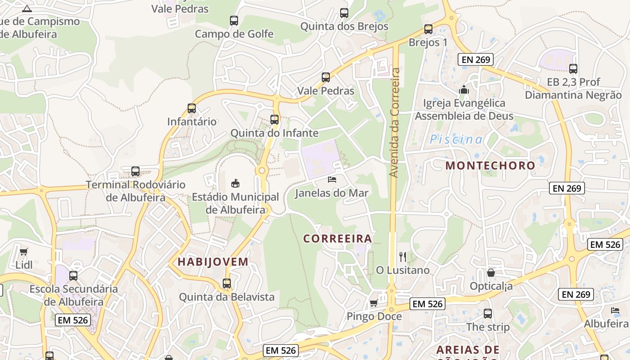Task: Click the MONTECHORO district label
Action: (x=490, y=165)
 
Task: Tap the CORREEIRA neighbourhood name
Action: (x=337, y=238)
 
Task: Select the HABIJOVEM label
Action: (x=213, y=261)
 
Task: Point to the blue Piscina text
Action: (x=456, y=139)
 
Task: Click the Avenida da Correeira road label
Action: (x=395, y=122)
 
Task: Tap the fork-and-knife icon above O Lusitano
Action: (x=403, y=257)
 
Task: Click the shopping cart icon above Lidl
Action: (x=23, y=252)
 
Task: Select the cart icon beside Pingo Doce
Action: (x=373, y=303)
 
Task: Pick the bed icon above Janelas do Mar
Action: (x=332, y=180)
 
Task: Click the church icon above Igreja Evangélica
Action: (x=464, y=90)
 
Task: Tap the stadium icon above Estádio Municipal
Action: (x=235, y=183)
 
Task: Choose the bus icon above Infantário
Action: (x=192, y=108)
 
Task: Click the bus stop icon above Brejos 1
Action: (x=428, y=29)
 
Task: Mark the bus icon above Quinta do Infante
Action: (x=274, y=120)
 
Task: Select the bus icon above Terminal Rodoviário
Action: (x=135, y=171)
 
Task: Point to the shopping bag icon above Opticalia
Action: (x=491, y=273)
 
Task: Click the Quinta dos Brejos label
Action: (x=344, y=27)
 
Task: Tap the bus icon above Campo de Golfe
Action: (x=234, y=20)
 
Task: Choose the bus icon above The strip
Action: (x=488, y=314)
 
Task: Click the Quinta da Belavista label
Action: (x=227, y=297)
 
